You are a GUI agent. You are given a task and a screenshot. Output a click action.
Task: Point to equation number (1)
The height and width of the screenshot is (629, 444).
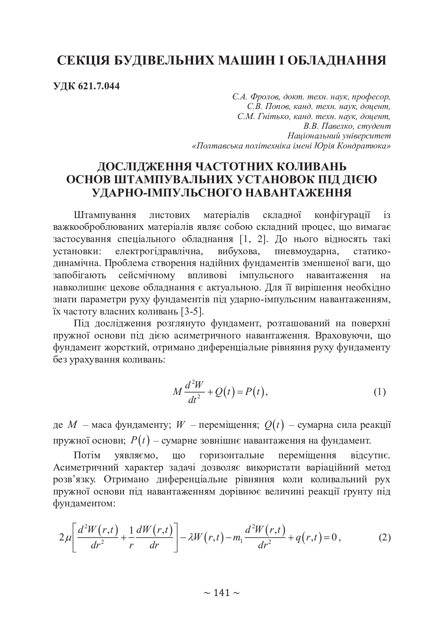tap(380, 392)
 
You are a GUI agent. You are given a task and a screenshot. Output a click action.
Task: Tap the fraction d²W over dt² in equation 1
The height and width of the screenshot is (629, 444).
tap(194, 392)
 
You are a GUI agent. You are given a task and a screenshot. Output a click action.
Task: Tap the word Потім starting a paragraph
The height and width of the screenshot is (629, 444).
tap(86, 455)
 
